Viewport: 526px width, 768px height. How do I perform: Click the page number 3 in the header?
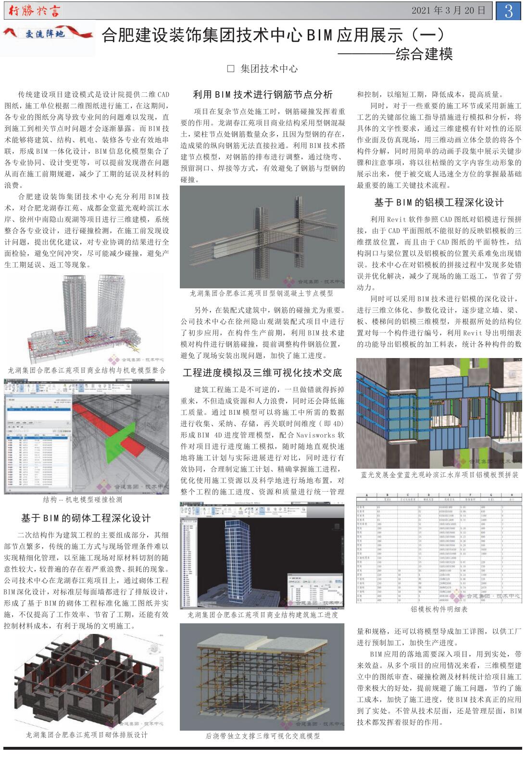coord(508,11)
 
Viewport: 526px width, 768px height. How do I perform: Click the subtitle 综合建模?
coord(424,54)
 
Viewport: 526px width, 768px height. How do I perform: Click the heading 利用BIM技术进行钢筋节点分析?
coord(263,95)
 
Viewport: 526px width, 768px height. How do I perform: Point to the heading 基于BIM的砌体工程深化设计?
coord(86,518)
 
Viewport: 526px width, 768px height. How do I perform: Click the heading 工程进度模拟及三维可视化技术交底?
coord(263,372)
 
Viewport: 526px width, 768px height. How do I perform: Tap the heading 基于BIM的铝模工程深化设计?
coord(439,202)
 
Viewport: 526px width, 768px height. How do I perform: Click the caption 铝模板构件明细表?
coord(439,609)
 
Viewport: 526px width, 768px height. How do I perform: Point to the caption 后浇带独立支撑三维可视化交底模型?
coord(263,736)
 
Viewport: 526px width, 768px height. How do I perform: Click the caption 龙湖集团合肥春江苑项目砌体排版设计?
coord(87,735)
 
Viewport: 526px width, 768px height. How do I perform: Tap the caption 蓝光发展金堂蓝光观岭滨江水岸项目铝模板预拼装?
coord(439,475)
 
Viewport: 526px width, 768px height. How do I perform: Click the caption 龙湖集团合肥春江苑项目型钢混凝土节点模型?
coord(262,293)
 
